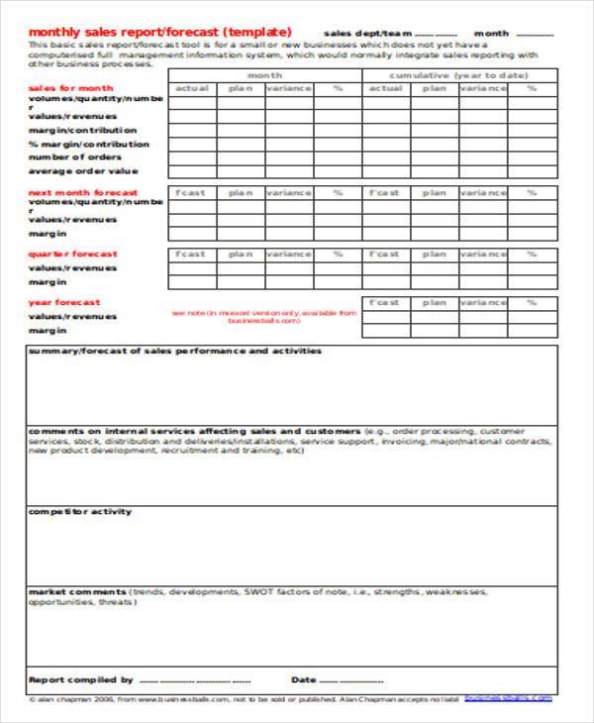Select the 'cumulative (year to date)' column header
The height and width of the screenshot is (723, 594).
(x=458, y=75)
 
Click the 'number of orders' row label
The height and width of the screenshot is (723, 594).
(x=75, y=156)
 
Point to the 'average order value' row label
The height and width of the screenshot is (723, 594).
(x=83, y=170)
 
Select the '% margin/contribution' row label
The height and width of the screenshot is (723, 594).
(x=89, y=144)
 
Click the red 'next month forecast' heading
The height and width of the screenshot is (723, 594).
(x=82, y=192)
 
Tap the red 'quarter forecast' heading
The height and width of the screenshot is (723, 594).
(x=72, y=254)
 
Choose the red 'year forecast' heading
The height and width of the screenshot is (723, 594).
(x=64, y=302)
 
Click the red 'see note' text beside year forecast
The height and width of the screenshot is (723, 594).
(x=263, y=317)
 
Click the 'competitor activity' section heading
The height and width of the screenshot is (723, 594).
(x=79, y=511)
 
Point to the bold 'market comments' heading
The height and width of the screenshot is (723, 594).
(x=75, y=591)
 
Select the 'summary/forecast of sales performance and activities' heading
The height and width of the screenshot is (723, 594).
(x=174, y=351)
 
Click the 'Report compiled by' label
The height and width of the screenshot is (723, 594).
(x=80, y=679)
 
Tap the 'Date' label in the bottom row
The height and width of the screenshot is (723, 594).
(x=303, y=679)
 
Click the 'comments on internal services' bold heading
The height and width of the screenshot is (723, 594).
(x=194, y=431)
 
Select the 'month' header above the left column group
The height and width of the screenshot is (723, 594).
(x=264, y=75)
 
